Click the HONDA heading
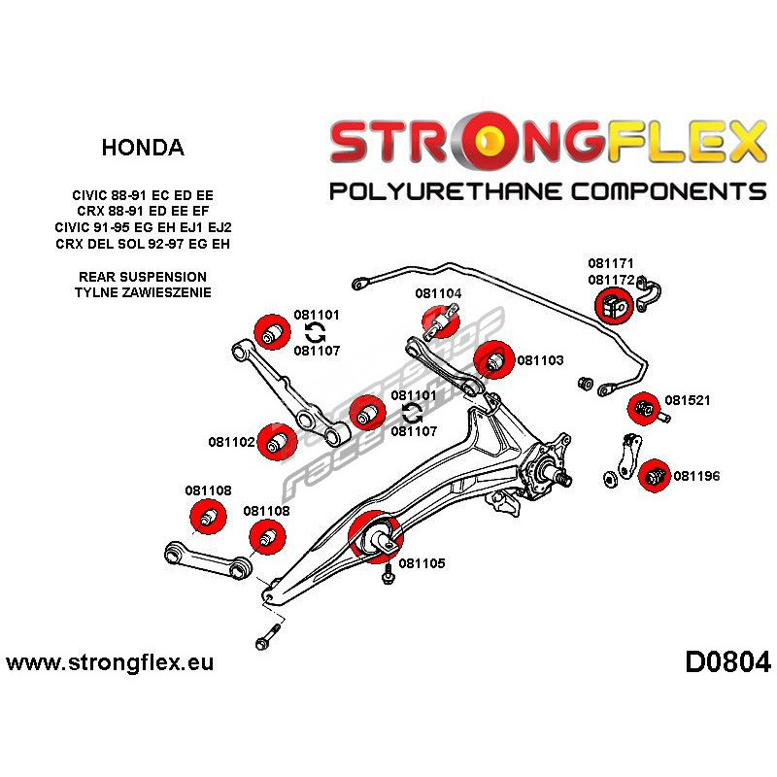(142, 148)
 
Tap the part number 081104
(438, 293)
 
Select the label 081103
(540, 360)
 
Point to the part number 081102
(231, 442)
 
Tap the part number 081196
(696, 476)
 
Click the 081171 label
(610, 263)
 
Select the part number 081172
(610, 279)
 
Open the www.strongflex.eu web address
(110, 664)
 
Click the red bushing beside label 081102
(279, 443)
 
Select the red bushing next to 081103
(495, 360)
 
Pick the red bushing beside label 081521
(643, 409)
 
